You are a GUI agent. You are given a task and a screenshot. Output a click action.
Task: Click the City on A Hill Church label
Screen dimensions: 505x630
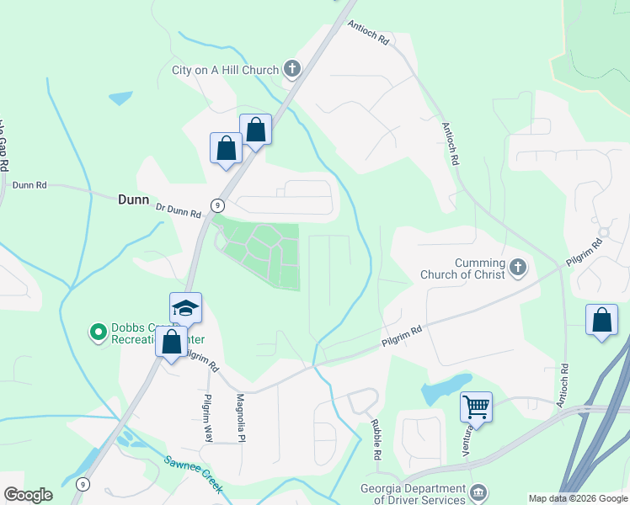[x=225, y=70]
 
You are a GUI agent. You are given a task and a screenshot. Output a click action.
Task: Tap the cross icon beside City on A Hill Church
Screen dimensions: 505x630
[x=292, y=69]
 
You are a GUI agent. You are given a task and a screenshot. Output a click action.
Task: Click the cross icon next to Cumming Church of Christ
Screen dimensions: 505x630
[x=517, y=268]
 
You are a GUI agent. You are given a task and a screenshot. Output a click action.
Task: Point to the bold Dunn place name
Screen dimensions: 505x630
[x=133, y=200]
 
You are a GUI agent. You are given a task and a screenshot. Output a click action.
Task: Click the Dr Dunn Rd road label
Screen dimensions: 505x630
[x=179, y=210]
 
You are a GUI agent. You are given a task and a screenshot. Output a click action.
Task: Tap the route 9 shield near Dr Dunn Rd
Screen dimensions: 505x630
[x=217, y=205]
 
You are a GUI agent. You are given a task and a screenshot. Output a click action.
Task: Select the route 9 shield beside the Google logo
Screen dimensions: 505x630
[x=82, y=484]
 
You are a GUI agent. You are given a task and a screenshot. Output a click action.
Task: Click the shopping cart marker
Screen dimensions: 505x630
[x=476, y=407]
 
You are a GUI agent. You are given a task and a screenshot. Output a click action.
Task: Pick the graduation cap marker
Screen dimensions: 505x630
[x=185, y=307]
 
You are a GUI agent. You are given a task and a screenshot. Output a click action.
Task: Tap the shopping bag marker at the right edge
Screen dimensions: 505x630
[x=601, y=320]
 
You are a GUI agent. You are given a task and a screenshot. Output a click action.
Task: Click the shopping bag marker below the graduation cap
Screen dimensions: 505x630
[x=172, y=343]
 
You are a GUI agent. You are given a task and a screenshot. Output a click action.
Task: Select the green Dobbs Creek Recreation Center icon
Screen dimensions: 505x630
[x=99, y=333]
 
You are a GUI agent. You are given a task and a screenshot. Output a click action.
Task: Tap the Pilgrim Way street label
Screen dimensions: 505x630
[x=208, y=418]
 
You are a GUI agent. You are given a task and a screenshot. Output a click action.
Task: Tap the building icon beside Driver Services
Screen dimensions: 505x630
[x=478, y=492]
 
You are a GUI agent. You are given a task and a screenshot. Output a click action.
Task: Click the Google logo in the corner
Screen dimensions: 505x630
[x=29, y=495]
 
